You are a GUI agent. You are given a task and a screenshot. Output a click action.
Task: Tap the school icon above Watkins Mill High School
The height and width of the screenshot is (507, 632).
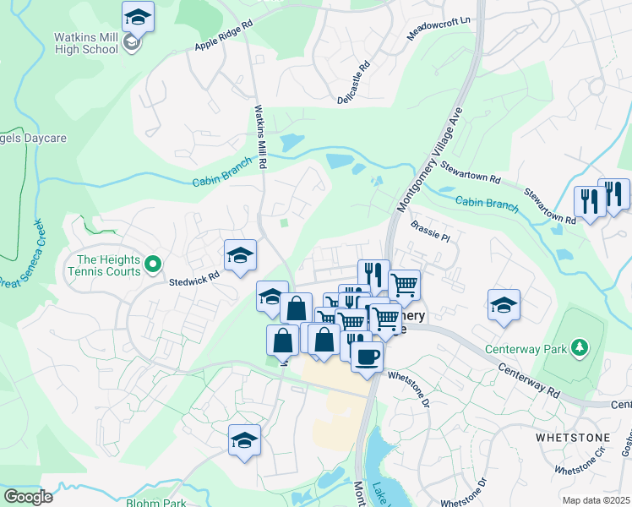click(x=138, y=16)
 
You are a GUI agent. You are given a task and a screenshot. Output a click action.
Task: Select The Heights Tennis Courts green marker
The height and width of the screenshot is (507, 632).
click(x=153, y=265)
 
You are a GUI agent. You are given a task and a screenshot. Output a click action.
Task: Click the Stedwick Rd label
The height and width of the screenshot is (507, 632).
click(x=195, y=275)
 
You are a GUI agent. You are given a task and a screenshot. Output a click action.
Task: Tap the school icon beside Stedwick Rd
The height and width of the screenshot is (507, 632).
click(x=240, y=254)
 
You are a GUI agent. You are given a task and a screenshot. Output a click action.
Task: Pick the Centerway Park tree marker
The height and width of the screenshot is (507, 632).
click(x=579, y=346)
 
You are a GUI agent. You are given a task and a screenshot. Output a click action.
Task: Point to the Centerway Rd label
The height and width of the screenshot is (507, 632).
click(x=530, y=381)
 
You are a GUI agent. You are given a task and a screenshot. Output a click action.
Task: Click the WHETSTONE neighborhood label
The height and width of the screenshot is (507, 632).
click(x=568, y=437)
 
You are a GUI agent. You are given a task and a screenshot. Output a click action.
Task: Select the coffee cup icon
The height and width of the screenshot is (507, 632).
click(x=366, y=357)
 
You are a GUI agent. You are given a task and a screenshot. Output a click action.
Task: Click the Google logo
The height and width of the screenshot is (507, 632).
click(x=28, y=497)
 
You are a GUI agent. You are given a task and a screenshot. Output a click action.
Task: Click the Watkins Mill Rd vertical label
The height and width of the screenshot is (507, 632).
click(x=261, y=134)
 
